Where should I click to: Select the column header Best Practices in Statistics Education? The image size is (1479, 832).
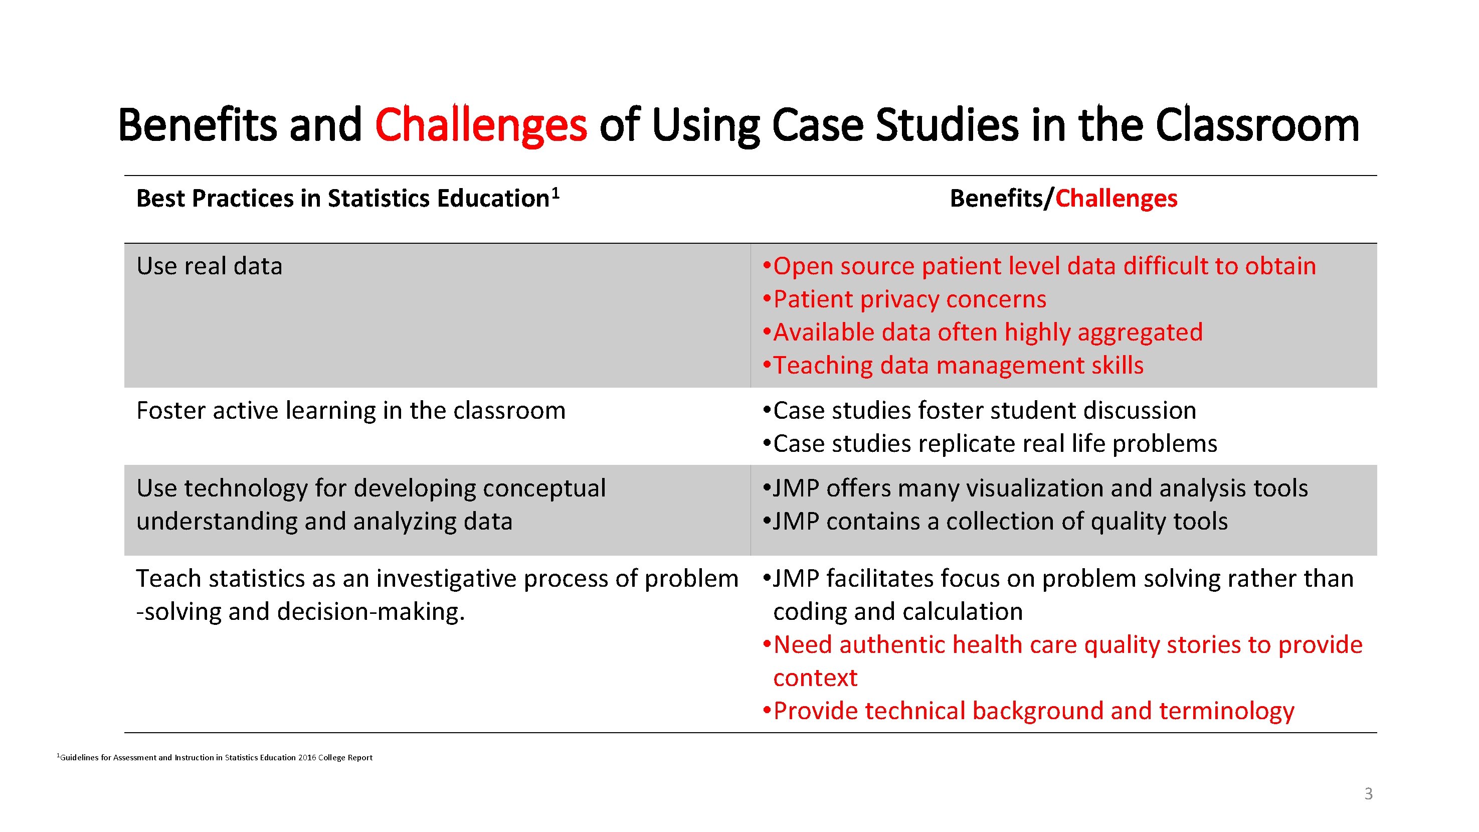coord(342,199)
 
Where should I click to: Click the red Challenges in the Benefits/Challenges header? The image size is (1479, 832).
coord(1116,199)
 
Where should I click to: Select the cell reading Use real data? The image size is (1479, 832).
coord(209,266)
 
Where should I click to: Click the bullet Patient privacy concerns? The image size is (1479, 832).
coord(909,300)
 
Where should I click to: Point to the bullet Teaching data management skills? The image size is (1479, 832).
coord(958,366)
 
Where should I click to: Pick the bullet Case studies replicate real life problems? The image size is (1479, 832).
coord(994,444)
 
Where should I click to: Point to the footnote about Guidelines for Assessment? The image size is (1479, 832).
coord(215,757)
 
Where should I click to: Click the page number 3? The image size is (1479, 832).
coord(1368,793)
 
